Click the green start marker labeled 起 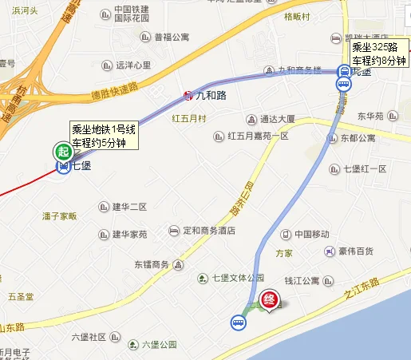(62, 150)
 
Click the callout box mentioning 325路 (380, 52)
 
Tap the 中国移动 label (311, 235)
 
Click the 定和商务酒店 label (209, 231)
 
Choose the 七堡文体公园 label (237, 278)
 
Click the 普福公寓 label (171, 37)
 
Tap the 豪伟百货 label (354, 251)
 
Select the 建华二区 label (129, 208)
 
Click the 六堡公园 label (159, 345)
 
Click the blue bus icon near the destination (238, 322)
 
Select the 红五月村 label (189, 119)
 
